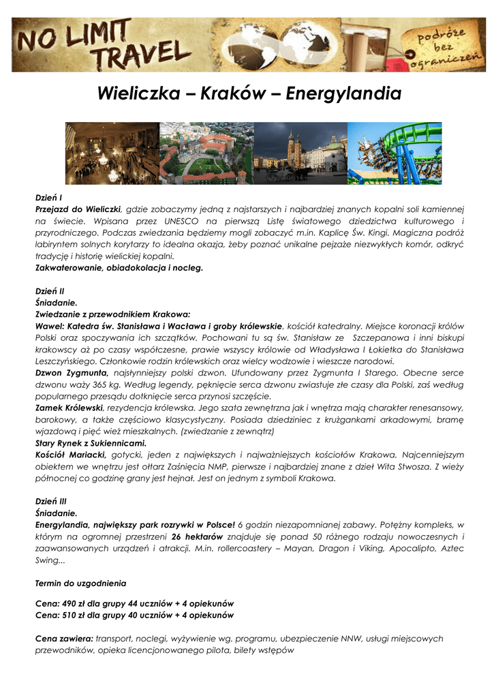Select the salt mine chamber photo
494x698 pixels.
(112, 153)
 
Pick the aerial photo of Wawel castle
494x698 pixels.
(206, 153)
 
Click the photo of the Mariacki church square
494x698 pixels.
(300, 153)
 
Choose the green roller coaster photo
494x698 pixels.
(395, 153)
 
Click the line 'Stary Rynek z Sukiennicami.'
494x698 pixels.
(86, 442)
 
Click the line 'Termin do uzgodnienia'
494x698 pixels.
(80, 583)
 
